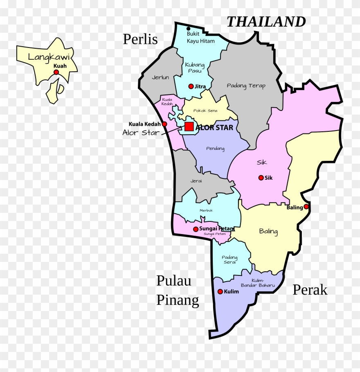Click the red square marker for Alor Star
189,126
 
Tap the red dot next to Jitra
191,86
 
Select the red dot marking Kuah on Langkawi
56,72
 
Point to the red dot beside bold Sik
261,178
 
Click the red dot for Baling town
306,207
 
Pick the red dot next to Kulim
220,291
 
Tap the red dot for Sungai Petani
196,229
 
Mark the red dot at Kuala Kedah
164,124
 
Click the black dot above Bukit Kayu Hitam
189,28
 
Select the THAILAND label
266,22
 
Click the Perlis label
140,39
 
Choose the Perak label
310,290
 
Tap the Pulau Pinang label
178,291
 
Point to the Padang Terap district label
246,86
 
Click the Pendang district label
215,149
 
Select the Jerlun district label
160,77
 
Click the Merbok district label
206,210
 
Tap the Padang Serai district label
229,259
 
